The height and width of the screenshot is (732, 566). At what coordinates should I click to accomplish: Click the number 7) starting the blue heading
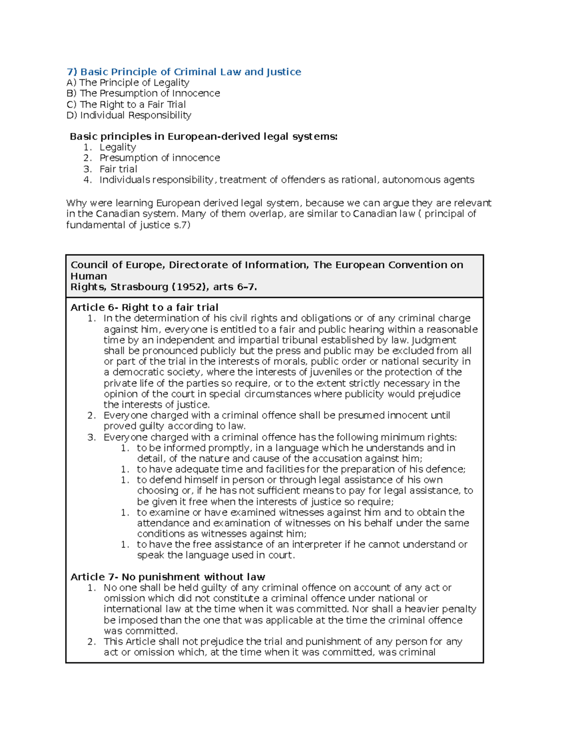click(x=72, y=72)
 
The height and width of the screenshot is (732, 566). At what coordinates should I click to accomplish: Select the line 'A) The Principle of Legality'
click(x=128, y=82)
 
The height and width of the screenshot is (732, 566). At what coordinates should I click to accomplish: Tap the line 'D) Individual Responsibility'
click(x=129, y=115)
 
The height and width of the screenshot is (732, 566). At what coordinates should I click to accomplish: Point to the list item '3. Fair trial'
click(x=118, y=169)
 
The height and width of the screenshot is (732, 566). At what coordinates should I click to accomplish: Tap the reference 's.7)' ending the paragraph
click(x=182, y=225)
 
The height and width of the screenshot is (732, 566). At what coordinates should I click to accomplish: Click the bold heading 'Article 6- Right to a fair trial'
click(x=144, y=307)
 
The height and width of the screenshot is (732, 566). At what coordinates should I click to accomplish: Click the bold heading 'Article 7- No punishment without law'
click(x=167, y=577)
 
